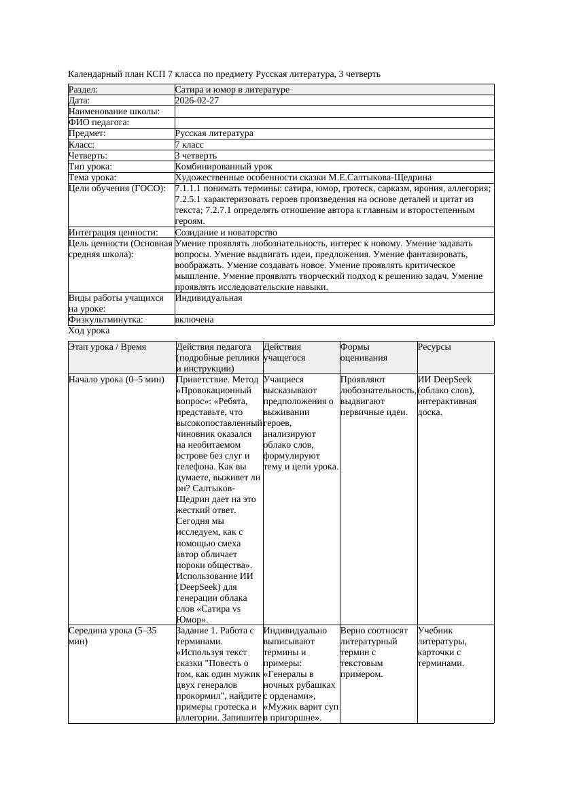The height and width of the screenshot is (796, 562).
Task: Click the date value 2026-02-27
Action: click(197, 101)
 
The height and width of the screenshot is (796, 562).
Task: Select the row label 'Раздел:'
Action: click(84, 90)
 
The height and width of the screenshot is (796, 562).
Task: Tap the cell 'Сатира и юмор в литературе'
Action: click(232, 90)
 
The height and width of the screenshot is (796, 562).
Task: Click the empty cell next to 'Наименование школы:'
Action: click(334, 112)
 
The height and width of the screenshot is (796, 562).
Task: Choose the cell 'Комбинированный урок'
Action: click(224, 167)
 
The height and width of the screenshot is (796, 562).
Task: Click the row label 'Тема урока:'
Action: click(92, 178)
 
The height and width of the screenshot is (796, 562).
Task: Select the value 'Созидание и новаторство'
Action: click(226, 233)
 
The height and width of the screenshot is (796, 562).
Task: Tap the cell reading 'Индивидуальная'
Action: click(209, 298)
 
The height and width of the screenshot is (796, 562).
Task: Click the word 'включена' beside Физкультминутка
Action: click(194, 320)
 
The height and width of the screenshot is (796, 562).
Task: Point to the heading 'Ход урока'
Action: click(89, 331)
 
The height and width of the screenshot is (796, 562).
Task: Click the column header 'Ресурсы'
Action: click(434, 347)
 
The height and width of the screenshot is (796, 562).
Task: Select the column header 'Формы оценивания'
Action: click(364, 352)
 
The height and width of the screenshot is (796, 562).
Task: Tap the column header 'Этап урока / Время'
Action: click(107, 347)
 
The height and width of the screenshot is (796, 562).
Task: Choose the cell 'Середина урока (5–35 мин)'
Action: click(113, 635)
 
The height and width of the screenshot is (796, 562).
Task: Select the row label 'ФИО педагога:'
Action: click(99, 122)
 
